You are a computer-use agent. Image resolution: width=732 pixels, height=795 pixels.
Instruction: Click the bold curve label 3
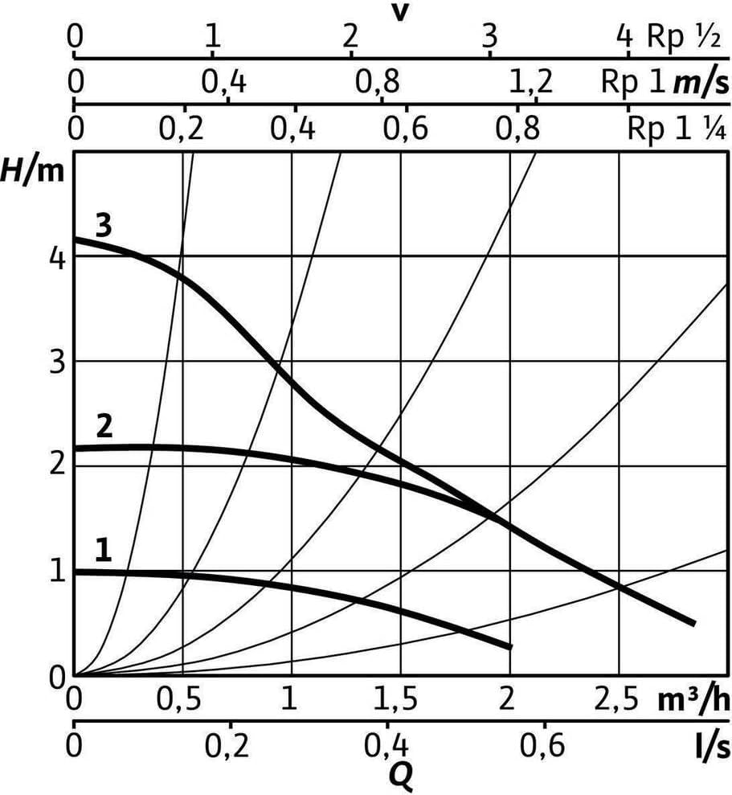[104, 226]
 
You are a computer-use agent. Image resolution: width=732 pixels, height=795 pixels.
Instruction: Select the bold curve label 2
[104, 427]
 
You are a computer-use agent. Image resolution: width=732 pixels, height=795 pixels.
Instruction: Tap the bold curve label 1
[104, 551]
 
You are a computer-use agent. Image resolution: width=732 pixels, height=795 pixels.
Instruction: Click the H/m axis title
[33, 171]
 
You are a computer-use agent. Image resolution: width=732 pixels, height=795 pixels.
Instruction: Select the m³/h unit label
[694, 700]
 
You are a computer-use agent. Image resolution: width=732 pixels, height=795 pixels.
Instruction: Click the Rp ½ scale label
[684, 37]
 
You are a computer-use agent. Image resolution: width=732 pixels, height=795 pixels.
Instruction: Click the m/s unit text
[701, 83]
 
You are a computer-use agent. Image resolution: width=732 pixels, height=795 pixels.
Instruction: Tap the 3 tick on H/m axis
[58, 363]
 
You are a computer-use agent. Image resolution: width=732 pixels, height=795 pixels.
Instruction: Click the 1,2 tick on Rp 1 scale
[530, 82]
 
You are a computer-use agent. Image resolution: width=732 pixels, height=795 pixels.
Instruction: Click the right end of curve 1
[511, 647]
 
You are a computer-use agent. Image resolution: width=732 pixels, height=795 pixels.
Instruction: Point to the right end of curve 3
[693, 623]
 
